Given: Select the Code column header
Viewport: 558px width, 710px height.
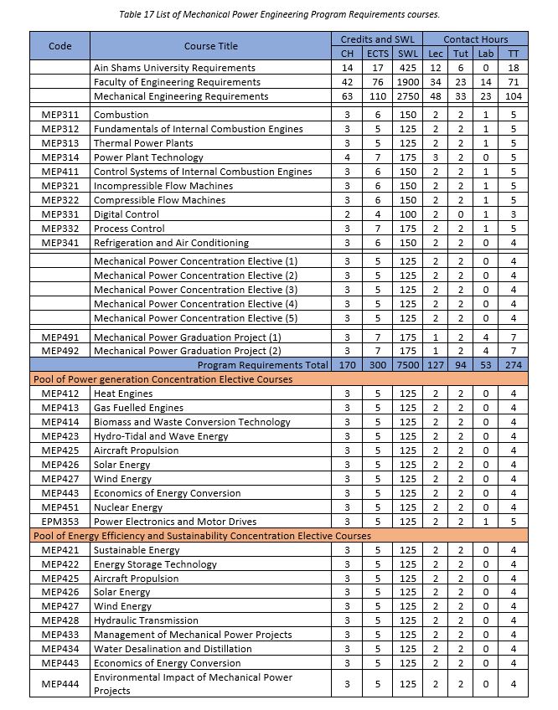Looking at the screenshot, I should click(60, 46).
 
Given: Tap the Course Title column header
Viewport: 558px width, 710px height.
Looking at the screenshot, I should click(211, 46).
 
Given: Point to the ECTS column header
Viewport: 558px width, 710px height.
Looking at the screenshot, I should click(378, 54).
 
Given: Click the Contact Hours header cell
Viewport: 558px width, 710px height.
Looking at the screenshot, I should click(474, 39).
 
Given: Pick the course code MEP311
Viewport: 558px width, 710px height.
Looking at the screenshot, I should click(60, 115).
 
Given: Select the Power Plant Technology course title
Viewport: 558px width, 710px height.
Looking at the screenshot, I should click(148, 157).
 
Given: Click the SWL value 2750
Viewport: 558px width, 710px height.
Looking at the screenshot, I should click(408, 96).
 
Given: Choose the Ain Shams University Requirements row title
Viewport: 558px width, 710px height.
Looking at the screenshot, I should click(174, 68).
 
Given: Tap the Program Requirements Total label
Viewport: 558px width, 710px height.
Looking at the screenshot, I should click(262, 365).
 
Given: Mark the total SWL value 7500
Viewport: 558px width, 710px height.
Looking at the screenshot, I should click(408, 365).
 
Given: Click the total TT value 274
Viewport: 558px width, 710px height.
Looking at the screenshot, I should click(513, 365).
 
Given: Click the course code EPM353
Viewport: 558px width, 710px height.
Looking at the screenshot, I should click(60, 522).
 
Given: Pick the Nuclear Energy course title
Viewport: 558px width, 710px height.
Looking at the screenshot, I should click(128, 507).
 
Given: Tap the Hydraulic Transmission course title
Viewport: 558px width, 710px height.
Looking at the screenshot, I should click(146, 620).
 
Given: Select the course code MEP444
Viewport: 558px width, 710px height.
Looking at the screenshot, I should click(60, 684).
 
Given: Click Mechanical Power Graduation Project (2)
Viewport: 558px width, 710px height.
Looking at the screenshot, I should click(187, 351).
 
